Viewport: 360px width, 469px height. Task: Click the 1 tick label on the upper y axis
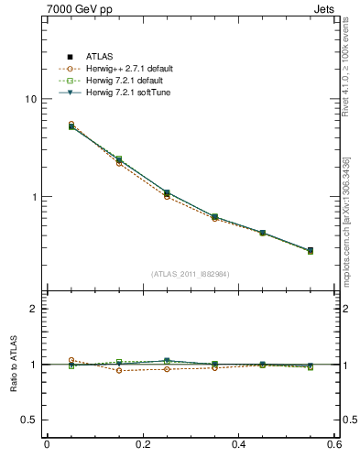click(x=33, y=197)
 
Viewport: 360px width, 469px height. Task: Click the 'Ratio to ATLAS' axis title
click(x=14, y=365)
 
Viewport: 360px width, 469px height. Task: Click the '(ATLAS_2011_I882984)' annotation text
click(x=191, y=274)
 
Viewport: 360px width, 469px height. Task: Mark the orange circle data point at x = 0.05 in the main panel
click(x=71, y=124)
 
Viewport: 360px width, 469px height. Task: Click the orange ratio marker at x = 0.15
click(x=119, y=370)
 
